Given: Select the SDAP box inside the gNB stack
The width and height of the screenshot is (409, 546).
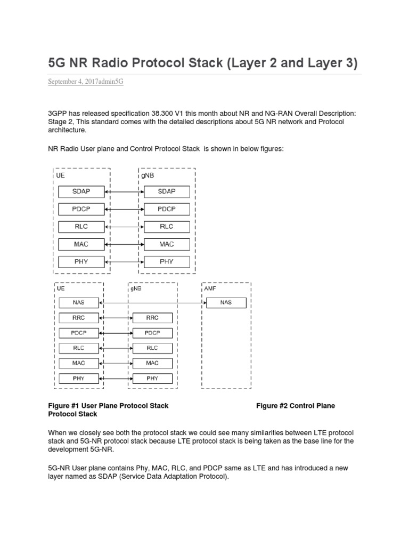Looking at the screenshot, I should (x=167, y=191).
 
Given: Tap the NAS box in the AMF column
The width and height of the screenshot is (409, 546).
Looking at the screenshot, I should (x=226, y=303).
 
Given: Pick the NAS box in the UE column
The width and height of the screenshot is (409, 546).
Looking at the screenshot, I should (x=78, y=303).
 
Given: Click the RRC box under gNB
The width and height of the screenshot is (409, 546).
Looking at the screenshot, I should (x=152, y=318).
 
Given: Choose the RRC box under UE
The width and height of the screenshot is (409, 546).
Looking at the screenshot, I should (x=78, y=318).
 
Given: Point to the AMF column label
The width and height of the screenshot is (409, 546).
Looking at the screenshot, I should (x=210, y=288).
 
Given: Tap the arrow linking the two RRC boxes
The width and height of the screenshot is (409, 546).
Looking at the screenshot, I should (x=115, y=318).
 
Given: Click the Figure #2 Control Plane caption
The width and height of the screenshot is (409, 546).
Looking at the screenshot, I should (x=296, y=406).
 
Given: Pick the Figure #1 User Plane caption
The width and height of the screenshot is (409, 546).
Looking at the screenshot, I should (x=108, y=406).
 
